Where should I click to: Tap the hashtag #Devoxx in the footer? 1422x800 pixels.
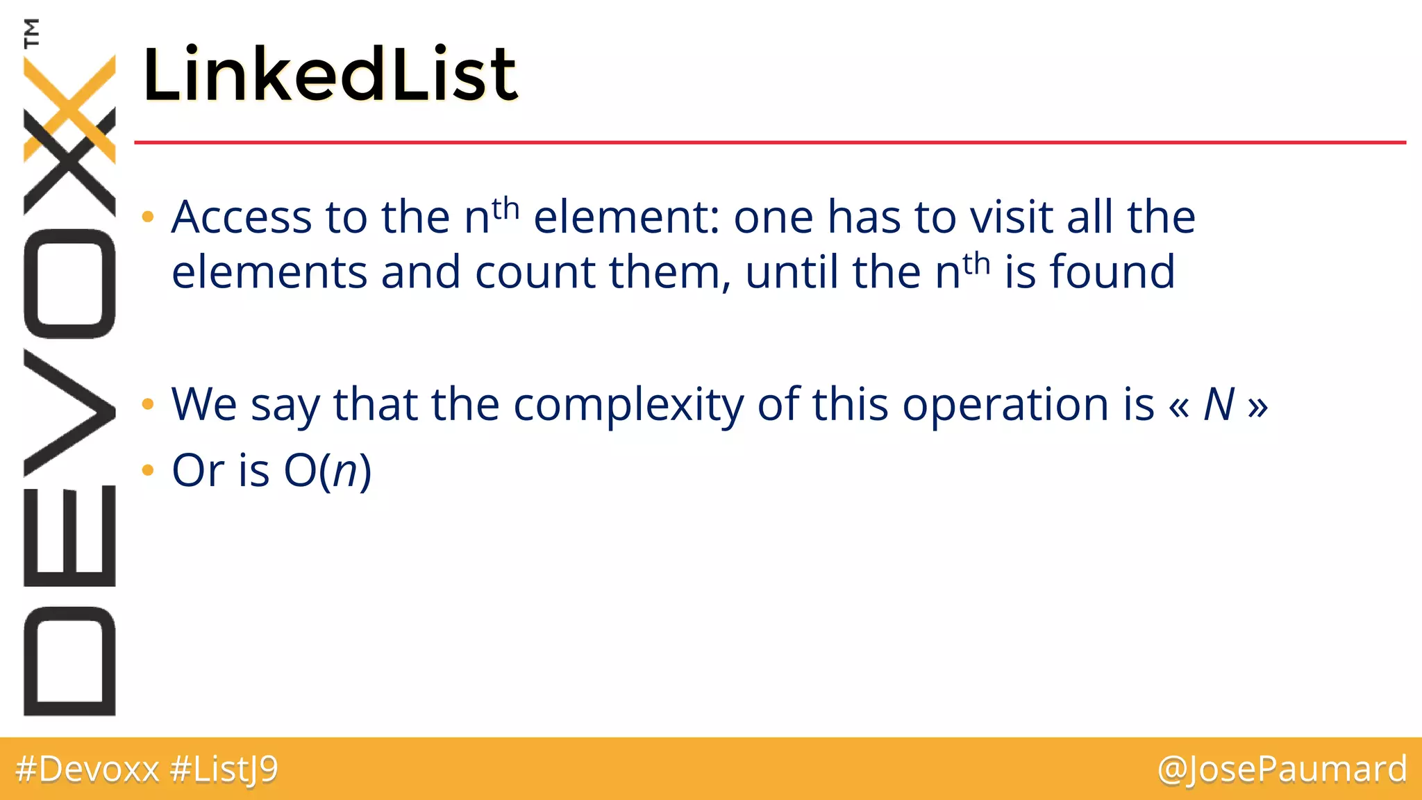tap(87, 769)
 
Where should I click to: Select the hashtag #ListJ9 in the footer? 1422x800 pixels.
tap(224, 769)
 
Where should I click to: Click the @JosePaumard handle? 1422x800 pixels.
tap(1282, 769)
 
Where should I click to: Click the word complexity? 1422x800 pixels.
tap(628, 404)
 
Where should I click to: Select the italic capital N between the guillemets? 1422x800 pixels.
tap(1219, 404)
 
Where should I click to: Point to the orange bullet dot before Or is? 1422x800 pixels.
tap(147, 471)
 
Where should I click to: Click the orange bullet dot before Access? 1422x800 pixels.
tap(147, 217)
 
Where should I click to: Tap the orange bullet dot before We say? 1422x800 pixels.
tap(147, 404)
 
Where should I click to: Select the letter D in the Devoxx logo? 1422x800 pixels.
tap(69, 661)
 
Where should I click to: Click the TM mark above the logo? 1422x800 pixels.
tap(31, 33)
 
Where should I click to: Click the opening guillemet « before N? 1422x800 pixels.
tap(1179, 406)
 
